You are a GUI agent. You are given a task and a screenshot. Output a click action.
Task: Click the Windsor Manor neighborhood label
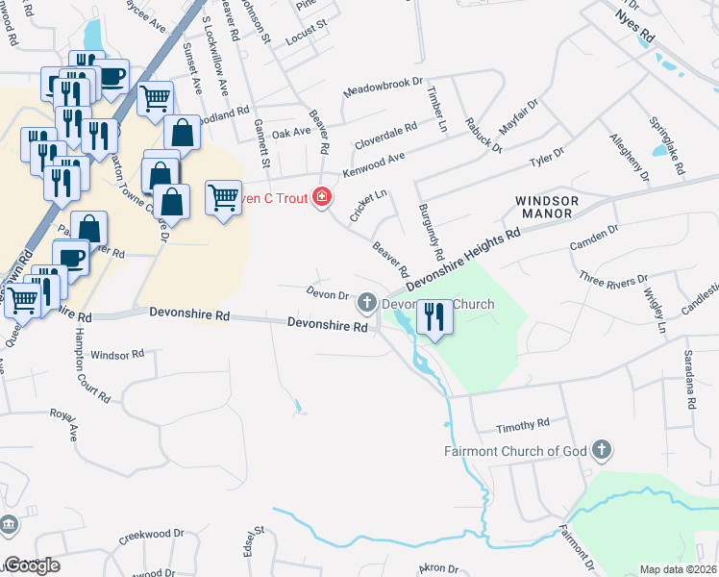click(548, 208)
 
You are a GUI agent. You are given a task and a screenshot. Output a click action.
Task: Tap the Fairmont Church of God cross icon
click(601, 449)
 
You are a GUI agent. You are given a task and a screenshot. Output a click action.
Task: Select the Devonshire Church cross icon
click(366, 304)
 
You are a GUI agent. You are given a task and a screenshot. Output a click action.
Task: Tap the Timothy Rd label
click(522, 424)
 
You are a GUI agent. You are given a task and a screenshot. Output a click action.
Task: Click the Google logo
click(33, 565)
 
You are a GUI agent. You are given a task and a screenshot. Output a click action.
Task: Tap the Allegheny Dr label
click(631, 157)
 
